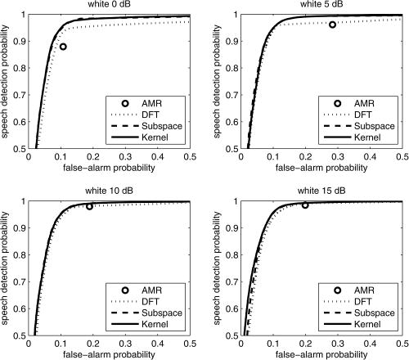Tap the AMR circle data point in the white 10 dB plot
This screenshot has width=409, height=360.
(89, 206)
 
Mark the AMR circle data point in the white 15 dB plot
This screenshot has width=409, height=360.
(305, 205)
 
